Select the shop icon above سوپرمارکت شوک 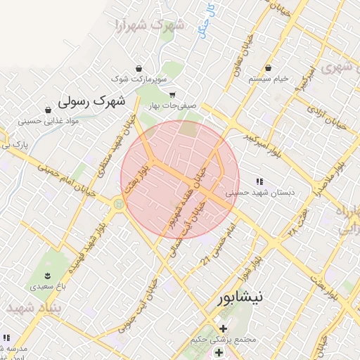pyautogui.click(x=141, y=69)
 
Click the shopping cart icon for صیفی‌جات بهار pyautogui.click(x=172, y=95)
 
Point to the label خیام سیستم pyautogui.click(x=269, y=79)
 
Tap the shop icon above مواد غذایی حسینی pyautogui.click(x=48, y=110)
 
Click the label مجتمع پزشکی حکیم pyautogui.click(x=224, y=340)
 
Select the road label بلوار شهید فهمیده pyautogui.click(x=89, y=243)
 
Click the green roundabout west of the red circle pyautogui.click(x=117, y=204)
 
